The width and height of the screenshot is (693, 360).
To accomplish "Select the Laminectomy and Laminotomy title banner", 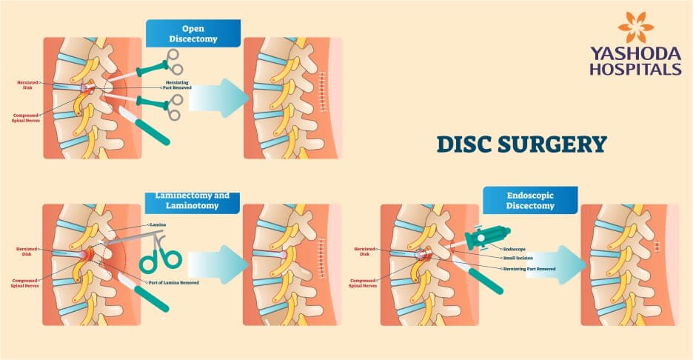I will [192, 200].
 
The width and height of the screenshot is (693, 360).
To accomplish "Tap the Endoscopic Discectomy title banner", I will [531, 200].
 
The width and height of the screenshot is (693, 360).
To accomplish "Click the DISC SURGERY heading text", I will [521, 143].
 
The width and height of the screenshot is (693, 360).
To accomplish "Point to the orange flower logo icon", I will [635, 27].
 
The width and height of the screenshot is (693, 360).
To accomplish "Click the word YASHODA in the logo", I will [635, 53].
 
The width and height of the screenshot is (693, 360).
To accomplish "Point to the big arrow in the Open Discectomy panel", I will [218, 97].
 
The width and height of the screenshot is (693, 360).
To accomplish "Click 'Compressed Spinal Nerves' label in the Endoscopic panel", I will [363, 283].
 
